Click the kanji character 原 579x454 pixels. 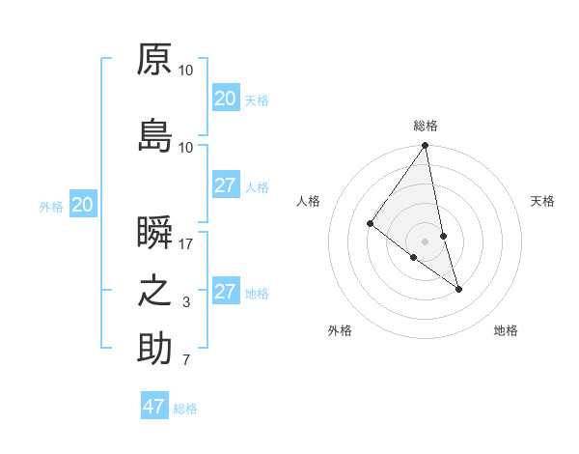[154, 59]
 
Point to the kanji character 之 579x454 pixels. [154, 291]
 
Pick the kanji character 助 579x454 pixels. [154, 349]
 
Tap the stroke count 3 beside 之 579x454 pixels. [186, 303]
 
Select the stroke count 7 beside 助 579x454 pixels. [186, 361]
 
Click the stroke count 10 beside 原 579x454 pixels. [186, 71]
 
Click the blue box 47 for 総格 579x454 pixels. [154, 407]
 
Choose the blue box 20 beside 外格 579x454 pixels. [83, 205]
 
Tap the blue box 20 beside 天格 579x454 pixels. [226, 99]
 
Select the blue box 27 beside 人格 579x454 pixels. [226, 185]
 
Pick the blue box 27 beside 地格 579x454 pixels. [226, 292]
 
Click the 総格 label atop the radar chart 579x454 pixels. [426, 126]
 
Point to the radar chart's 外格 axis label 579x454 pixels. [340, 330]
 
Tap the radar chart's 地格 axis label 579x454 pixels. [506, 330]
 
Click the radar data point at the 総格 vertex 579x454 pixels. [426, 146]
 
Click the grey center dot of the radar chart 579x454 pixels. [426, 241]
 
